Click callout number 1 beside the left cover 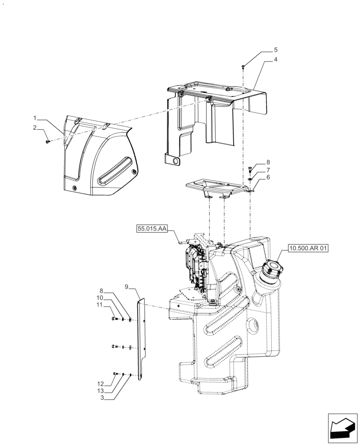34,118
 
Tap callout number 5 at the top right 263,50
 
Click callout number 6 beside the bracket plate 268,177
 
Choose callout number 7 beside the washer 268,170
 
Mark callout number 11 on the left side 100,305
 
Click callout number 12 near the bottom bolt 100,384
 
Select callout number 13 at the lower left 100,390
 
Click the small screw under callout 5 243,66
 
